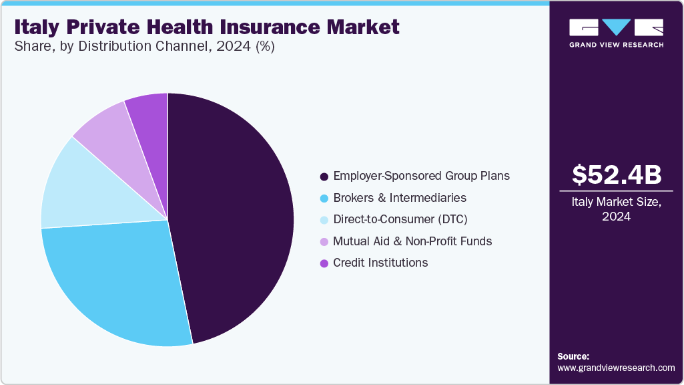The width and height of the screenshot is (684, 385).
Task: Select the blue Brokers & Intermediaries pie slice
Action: point(113,281)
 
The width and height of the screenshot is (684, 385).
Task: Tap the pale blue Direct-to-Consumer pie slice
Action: point(87,187)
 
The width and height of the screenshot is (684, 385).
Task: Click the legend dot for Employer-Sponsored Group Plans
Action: point(324,176)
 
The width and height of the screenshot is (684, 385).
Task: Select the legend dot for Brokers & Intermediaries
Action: point(324,199)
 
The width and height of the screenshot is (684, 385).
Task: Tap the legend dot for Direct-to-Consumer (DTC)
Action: point(324,220)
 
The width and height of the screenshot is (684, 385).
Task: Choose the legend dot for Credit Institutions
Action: point(324,263)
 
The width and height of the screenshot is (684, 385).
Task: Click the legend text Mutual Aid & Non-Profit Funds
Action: point(412,241)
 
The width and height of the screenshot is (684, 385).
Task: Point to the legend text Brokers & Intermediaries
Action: point(400,199)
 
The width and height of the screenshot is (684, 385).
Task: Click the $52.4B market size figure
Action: point(617,174)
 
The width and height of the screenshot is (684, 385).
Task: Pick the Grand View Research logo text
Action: point(616,45)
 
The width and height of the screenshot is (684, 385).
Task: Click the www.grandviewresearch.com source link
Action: point(616,368)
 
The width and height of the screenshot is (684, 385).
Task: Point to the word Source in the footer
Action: point(573,357)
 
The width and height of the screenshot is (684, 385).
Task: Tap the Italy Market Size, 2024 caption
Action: point(617,209)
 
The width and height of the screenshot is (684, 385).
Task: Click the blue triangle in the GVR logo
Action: point(616,27)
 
